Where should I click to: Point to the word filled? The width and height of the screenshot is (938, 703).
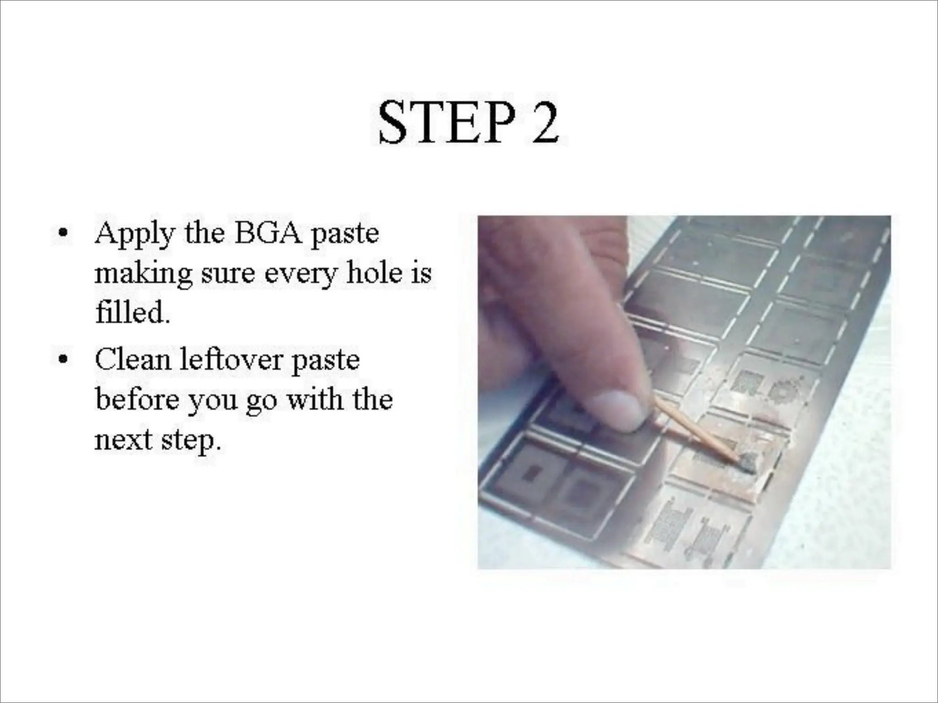(x=132, y=312)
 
